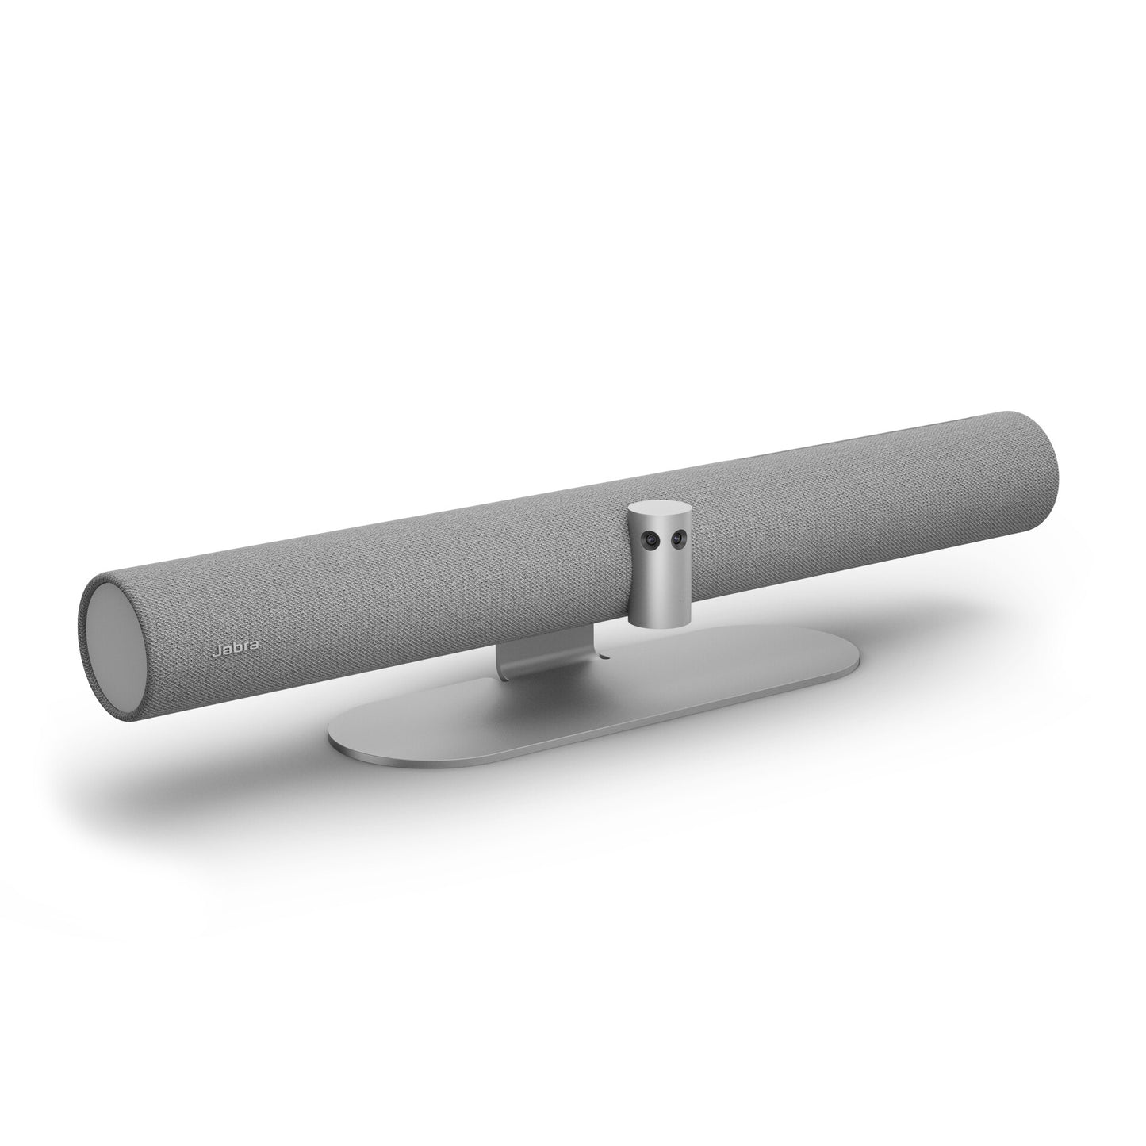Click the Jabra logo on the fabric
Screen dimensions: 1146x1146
236,650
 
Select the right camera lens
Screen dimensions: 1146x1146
676,537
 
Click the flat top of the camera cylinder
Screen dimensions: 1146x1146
657,508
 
